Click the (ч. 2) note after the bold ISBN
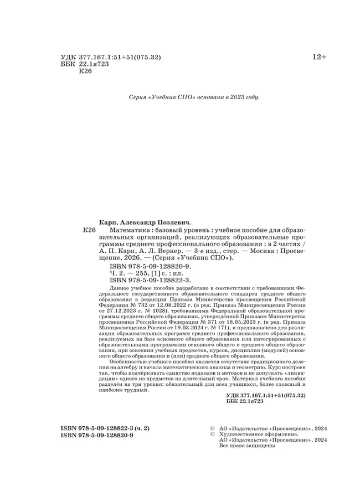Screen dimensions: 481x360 [x=140, y=428]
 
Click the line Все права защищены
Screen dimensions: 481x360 [x=247, y=446]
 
